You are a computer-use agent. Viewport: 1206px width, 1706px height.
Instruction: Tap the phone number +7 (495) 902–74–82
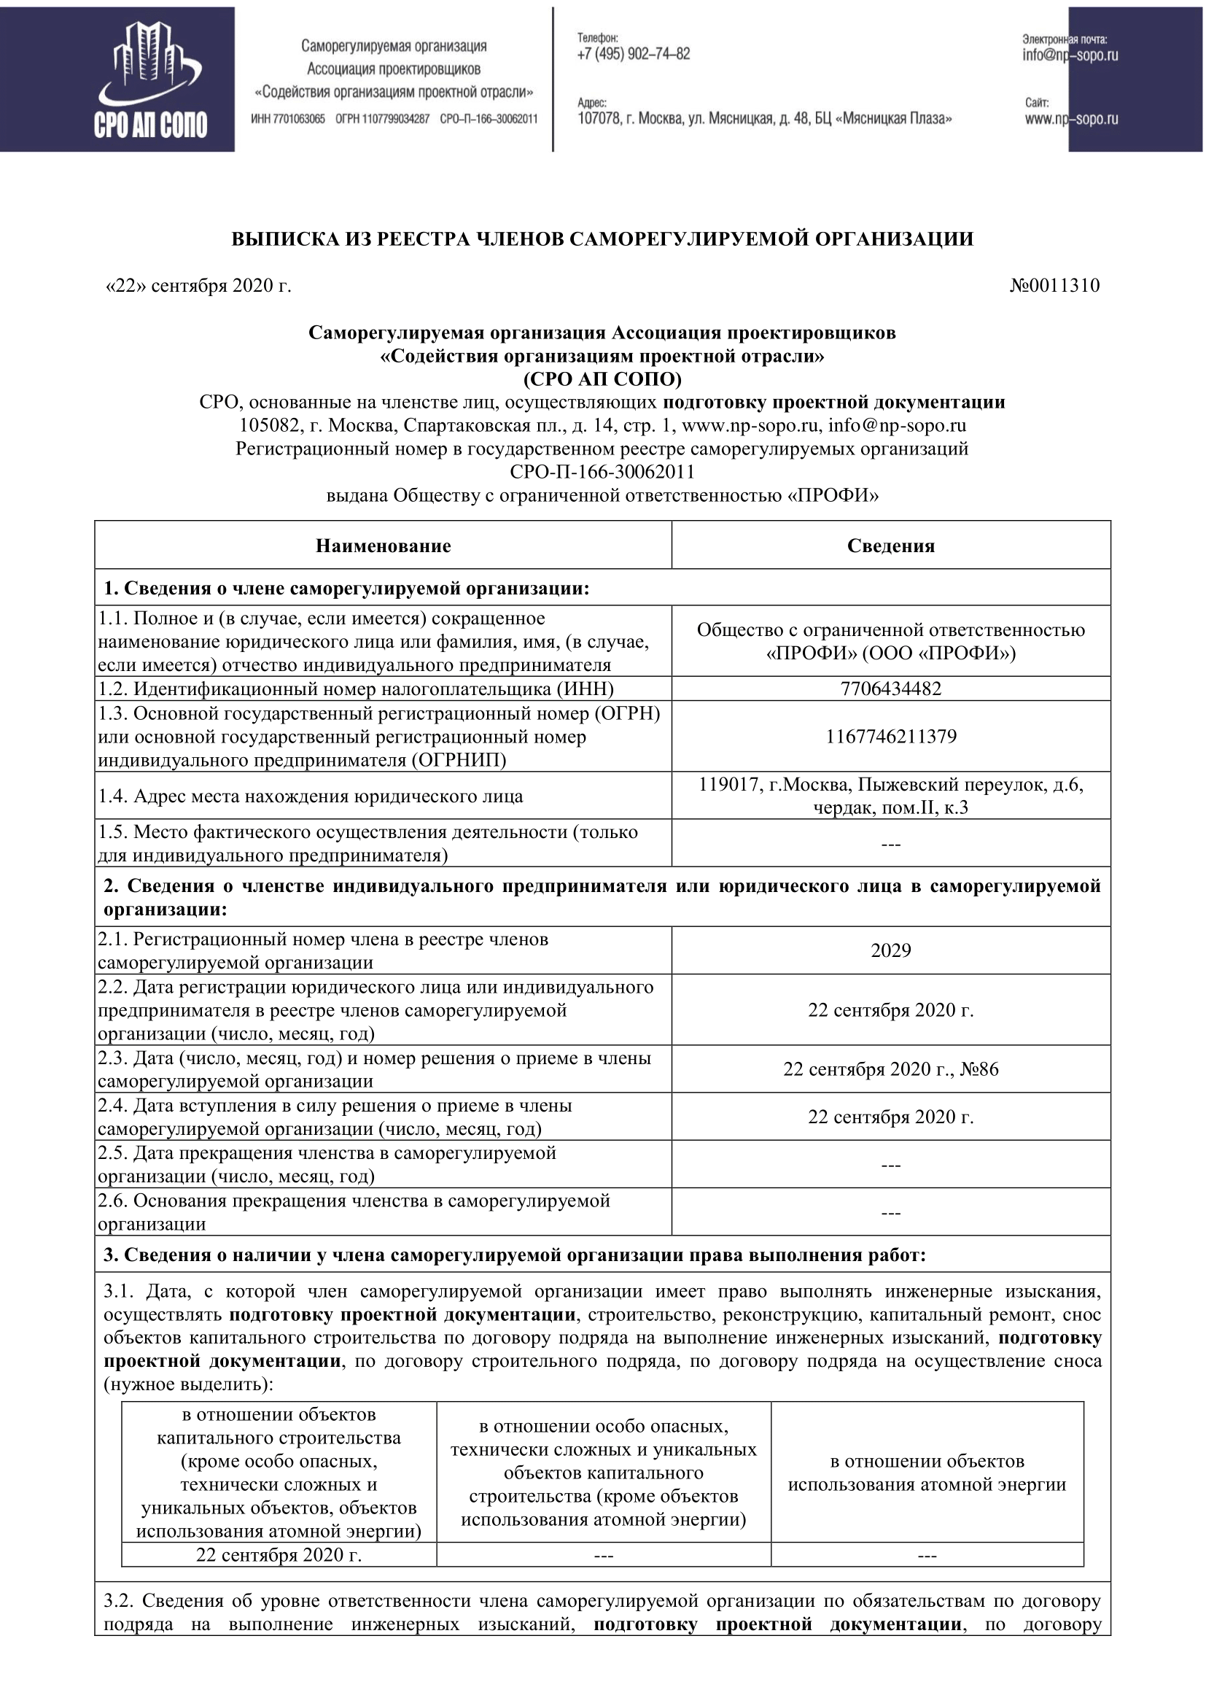click(634, 53)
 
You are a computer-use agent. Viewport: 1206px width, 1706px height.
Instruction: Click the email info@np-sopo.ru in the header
click(1070, 55)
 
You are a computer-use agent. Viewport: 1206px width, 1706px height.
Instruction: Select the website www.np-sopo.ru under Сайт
click(1071, 119)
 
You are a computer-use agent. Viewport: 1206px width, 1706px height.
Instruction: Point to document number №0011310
click(1054, 286)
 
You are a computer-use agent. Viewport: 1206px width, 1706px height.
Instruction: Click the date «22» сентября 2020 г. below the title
click(198, 286)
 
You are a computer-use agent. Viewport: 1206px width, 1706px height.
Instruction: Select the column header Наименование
click(384, 546)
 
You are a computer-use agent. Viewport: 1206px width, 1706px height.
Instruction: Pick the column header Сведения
click(890, 546)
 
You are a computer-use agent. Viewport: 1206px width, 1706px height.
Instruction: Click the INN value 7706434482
click(890, 689)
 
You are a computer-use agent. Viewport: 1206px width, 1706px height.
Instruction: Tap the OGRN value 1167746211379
click(890, 737)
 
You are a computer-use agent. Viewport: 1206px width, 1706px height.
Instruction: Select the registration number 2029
click(890, 950)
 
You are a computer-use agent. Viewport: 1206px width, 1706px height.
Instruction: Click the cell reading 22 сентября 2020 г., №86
click(890, 1069)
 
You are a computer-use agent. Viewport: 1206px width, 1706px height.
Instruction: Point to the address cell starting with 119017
click(890, 796)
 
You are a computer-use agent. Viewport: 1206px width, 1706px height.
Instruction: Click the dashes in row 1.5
click(890, 844)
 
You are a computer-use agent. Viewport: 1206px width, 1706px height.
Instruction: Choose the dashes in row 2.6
click(890, 1213)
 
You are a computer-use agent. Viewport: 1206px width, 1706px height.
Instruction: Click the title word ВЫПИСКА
click(275, 239)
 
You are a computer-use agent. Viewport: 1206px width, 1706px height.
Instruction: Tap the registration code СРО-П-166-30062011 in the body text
click(602, 472)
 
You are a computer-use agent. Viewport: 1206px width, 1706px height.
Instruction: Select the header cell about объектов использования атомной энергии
click(927, 1473)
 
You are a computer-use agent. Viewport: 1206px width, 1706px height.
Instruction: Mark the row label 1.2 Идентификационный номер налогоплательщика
click(357, 689)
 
